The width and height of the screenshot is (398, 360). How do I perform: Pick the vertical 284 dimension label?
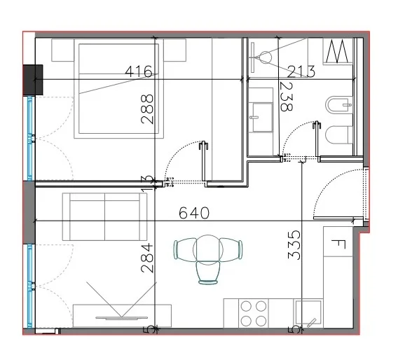coord(147,260)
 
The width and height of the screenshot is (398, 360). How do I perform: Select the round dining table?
coord(208,249)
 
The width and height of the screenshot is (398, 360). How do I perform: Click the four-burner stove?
coord(253,313)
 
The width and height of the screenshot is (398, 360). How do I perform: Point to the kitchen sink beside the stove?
coord(309,313)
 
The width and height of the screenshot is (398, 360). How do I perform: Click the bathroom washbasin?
coord(264,111)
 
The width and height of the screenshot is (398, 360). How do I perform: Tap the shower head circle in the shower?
coord(266,57)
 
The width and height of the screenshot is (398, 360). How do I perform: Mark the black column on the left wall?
coord(33,79)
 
